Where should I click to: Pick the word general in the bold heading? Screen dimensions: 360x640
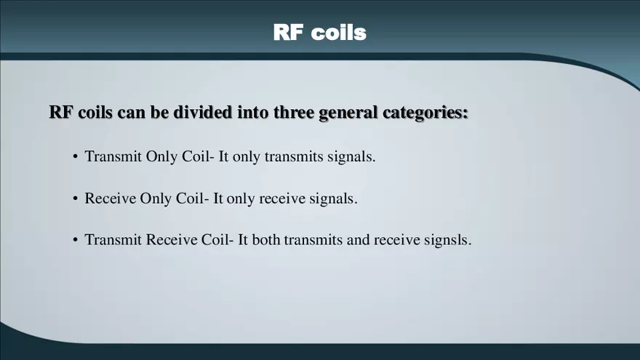point(352,113)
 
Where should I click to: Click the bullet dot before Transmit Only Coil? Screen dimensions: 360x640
point(75,157)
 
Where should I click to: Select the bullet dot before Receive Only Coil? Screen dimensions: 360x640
point(75,199)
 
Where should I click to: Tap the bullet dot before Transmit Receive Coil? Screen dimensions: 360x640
point(75,240)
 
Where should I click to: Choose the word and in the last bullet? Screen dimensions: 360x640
point(358,240)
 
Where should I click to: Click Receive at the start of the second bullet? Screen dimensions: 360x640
point(111,199)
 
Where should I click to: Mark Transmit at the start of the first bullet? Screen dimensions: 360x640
point(113,157)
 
